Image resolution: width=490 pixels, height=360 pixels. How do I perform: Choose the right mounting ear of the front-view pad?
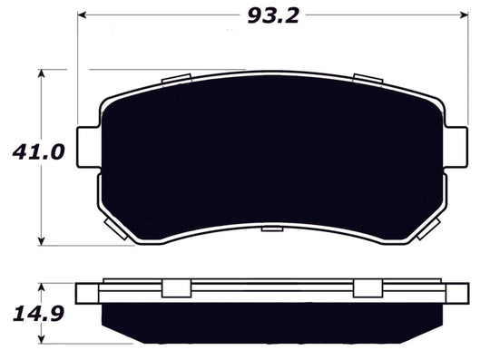461,144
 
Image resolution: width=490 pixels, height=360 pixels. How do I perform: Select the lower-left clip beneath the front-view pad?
113,227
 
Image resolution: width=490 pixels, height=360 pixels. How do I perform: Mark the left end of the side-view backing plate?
87,294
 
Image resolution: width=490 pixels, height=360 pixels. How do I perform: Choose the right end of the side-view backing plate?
461,294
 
